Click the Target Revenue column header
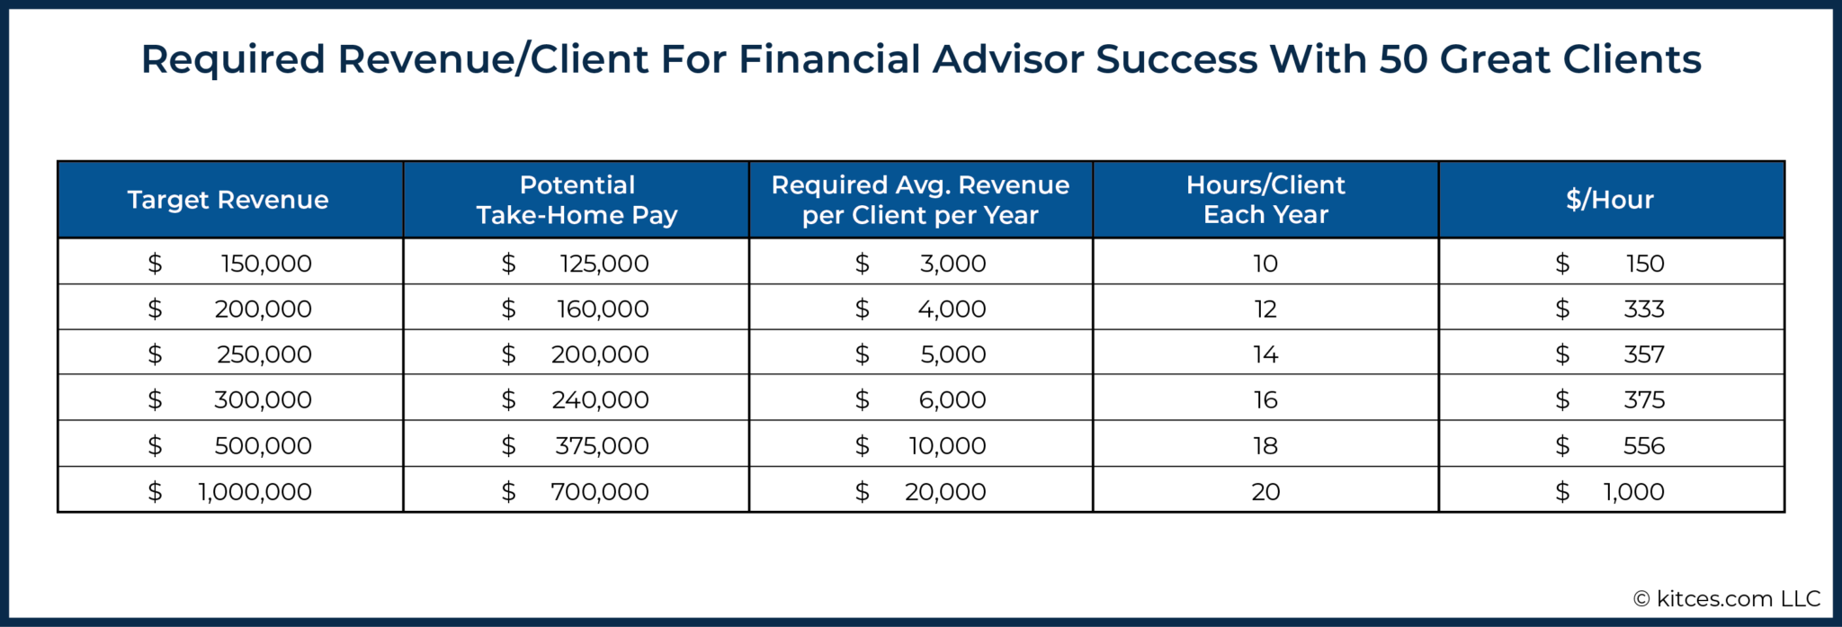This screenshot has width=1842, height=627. [228, 200]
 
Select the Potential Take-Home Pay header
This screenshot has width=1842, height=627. [577, 200]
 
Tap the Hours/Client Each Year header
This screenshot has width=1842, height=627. [1265, 200]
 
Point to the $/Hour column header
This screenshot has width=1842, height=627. [1610, 200]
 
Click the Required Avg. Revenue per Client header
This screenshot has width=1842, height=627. [920, 200]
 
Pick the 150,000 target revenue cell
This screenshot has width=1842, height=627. [266, 264]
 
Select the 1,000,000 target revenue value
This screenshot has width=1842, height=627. [255, 491]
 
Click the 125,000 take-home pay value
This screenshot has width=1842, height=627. [604, 264]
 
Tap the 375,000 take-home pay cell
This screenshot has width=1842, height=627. [602, 445]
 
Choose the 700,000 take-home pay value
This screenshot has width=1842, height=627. [600, 491]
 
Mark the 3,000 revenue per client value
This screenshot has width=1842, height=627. [952, 264]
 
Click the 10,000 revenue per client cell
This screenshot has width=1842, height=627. [947, 445]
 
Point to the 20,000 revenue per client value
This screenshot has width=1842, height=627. [945, 491]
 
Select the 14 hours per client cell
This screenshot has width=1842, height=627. [1265, 354]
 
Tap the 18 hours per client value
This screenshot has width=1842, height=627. [1265, 445]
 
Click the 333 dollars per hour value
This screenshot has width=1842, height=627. [1644, 309]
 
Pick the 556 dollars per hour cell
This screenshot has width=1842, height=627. [1644, 445]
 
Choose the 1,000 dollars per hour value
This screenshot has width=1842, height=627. [1633, 491]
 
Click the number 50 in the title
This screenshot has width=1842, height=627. [1404, 60]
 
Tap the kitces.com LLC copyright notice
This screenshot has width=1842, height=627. [1727, 599]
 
